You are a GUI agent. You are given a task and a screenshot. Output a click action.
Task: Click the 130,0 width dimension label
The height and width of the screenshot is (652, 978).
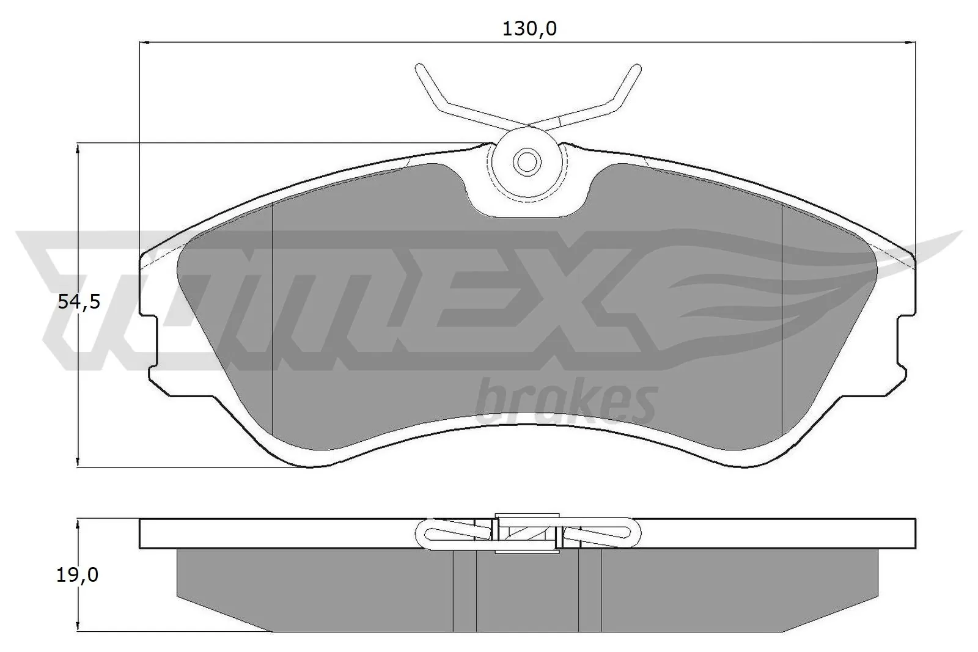coord(529,29)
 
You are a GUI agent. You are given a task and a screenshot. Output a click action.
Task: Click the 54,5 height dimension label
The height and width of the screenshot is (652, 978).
coord(79,301)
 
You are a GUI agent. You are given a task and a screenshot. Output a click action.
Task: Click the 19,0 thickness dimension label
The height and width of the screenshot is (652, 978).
coord(78,574)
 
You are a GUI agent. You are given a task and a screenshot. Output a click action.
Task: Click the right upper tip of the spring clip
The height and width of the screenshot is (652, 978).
coord(636,67)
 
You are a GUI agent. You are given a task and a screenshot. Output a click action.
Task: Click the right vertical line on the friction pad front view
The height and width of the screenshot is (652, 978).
coord(782,318)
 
